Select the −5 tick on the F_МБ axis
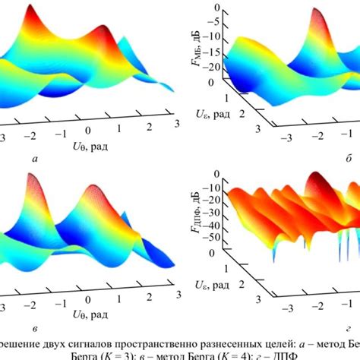218,22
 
